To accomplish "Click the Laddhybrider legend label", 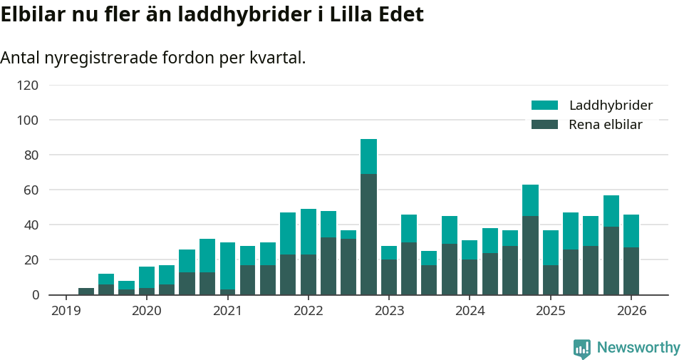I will (x=611, y=106).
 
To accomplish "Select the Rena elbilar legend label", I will (x=605, y=125).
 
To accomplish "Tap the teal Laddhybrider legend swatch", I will (x=544, y=106).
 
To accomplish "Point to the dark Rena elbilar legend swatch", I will (x=544, y=125).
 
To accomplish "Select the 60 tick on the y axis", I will (x=31, y=190).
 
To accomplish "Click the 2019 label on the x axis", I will (x=66, y=312).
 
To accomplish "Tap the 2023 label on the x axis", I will (x=389, y=312).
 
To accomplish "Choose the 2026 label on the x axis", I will (x=631, y=312).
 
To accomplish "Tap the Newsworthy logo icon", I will (x=581, y=348).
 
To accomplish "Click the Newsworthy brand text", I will (x=638, y=348).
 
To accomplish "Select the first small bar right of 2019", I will (x=86, y=292).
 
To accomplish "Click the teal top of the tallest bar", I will (x=368, y=156).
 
